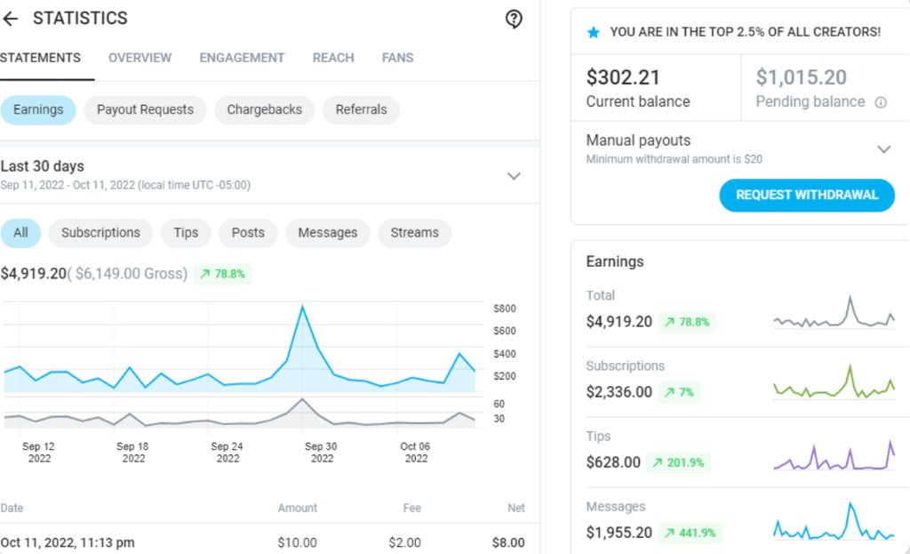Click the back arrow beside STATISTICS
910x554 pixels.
pyautogui.click(x=11, y=19)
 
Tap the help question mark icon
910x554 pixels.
pyautogui.click(x=514, y=19)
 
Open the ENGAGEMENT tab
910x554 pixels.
pyautogui.click(x=242, y=58)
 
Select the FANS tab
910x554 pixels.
pyautogui.click(x=397, y=58)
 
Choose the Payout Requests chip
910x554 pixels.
pyautogui.click(x=145, y=110)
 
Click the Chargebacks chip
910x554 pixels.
pyautogui.click(x=264, y=110)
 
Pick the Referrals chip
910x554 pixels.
pyautogui.click(x=361, y=110)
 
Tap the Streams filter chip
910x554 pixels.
pyautogui.click(x=414, y=233)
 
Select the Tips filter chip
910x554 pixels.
pyautogui.click(x=186, y=233)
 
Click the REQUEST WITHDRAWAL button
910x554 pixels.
pyautogui.click(x=806, y=196)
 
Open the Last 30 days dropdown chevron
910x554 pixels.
pyautogui.click(x=514, y=176)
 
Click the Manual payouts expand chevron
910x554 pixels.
pyautogui.click(x=883, y=149)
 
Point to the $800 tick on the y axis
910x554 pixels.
pyautogui.click(x=505, y=309)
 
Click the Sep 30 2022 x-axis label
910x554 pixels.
pyautogui.click(x=322, y=452)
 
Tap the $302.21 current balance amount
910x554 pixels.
pyautogui.click(x=623, y=78)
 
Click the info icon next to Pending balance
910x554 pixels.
pyautogui.click(x=881, y=102)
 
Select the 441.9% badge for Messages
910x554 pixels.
pyautogui.click(x=688, y=534)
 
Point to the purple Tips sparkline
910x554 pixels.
pyautogui.click(x=834, y=456)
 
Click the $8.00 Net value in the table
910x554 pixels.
pyautogui.click(x=508, y=542)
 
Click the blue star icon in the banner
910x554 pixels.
pyautogui.click(x=594, y=32)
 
